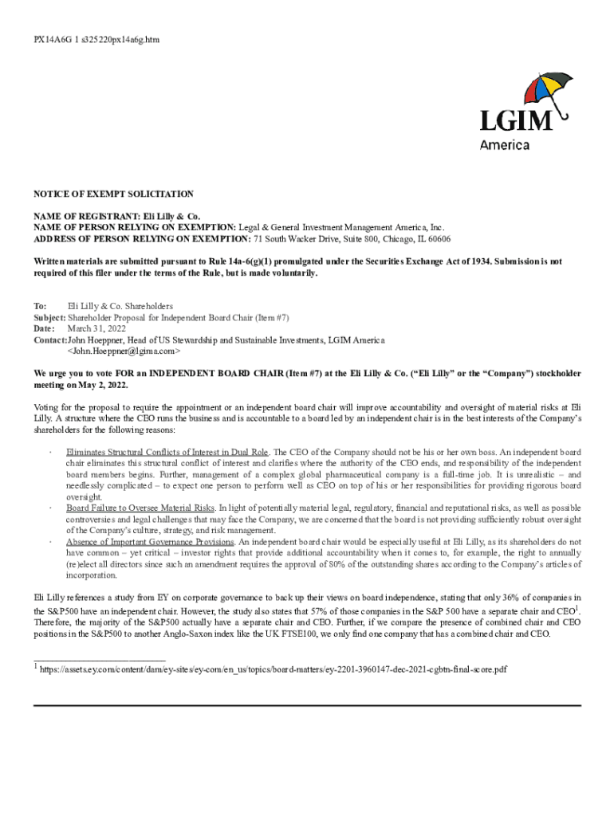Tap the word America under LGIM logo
(505, 145)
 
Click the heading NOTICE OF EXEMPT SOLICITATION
(113, 194)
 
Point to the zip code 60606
(437, 238)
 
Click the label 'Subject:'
(49, 317)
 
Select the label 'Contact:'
(50, 339)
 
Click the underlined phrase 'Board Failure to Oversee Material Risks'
(140, 508)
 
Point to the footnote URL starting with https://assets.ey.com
(274, 669)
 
